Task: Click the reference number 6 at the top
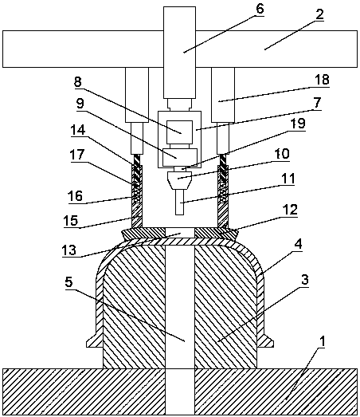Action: [x=260, y=9]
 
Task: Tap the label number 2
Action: [x=320, y=14]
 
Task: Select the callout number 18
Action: [x=322, y=80]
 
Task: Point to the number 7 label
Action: [x=317, y=103]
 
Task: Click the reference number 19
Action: [x=298, y=124]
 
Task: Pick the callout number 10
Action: [x=282, y=154]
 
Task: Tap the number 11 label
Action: [x=288, y=179]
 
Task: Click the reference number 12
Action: [x=290, y=210]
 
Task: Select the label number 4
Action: [x=299, y=245]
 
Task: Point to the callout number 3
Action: [x=305, y=280]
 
